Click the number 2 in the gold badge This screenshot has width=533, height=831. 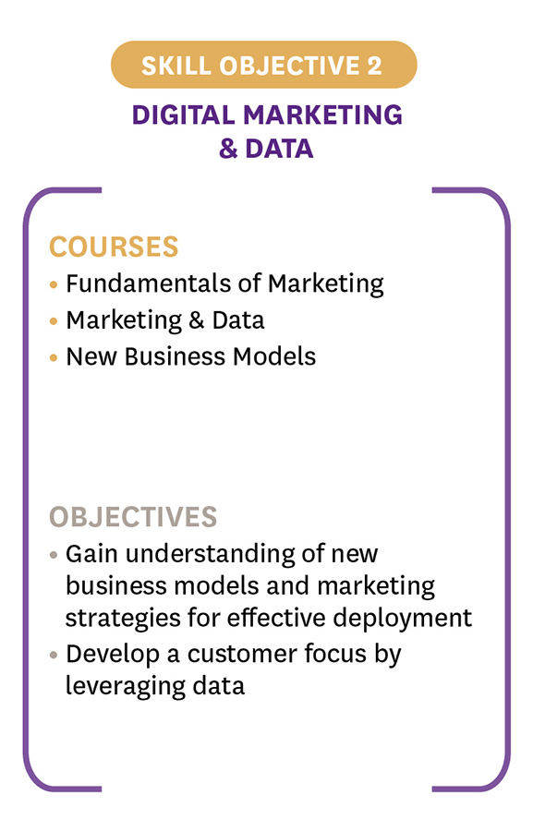pyautogui.click(x=374, y=66)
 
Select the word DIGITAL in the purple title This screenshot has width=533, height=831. pyautogui.click(x=183, y=115)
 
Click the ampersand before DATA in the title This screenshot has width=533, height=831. pyautogui.click(x=228, y=149)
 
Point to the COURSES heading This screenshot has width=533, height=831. pyautogui.click(x=114, y=247)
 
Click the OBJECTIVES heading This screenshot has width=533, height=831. pyautogui.click(x=133, y=517)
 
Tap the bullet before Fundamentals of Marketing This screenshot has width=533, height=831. pyautogui.click(x=53, y=284)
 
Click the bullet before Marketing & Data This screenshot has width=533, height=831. pyautogui.click(x=53, y=321)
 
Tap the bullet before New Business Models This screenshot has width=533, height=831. pyautogui.click(x=53, y=357)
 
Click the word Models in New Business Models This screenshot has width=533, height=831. pyautogui.click(x=274, y=356)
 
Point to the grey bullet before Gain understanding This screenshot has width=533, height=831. pyautogui.click(x=53, y=556)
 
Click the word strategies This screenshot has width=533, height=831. pyautogui.click(x=123, y=619)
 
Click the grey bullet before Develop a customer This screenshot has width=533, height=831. pyautogui.click(x=53, y=655)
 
